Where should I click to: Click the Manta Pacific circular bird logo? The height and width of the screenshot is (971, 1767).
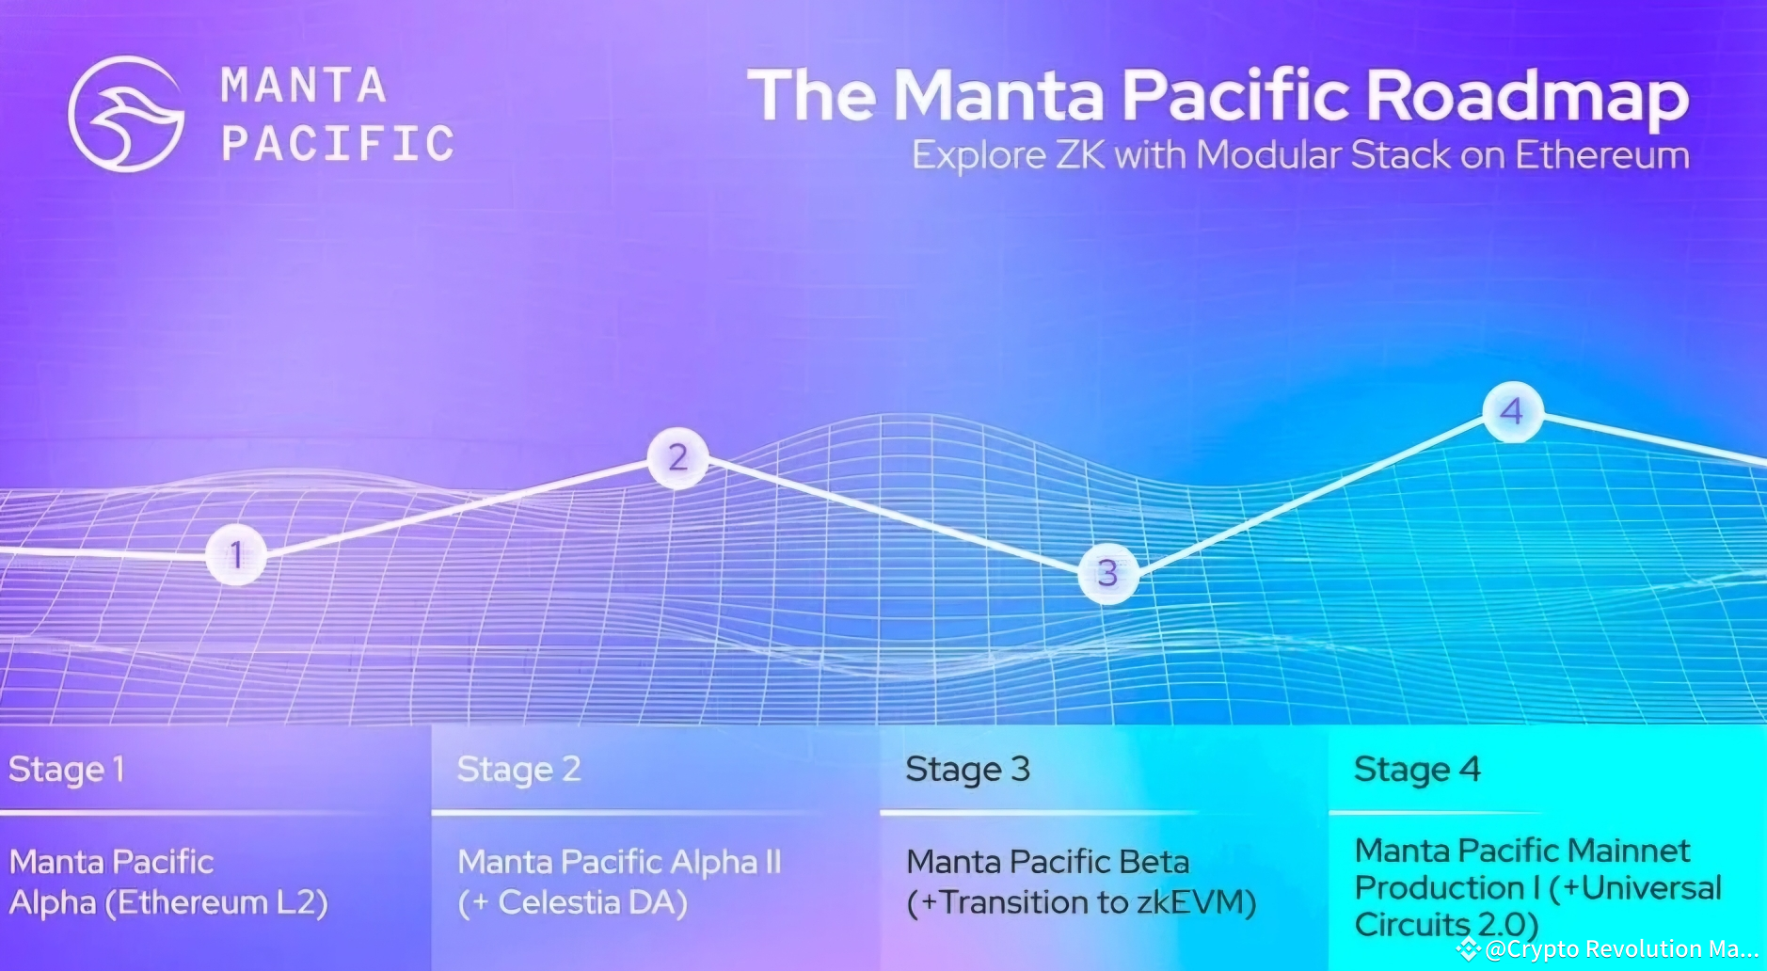(126, 114)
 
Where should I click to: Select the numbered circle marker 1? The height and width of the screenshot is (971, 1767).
(235, 555)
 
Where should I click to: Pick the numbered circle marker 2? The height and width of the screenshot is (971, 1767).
(677, 457)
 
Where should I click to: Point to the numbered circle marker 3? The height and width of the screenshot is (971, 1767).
(1107, 573)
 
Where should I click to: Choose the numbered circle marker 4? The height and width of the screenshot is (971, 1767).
(1512, 411)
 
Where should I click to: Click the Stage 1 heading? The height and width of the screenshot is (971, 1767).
(66, 770)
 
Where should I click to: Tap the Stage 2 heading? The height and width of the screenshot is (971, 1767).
(518, 770)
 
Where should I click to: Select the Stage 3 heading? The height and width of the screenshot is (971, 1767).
(967, 770)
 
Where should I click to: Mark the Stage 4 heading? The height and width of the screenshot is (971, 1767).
(1416, 770)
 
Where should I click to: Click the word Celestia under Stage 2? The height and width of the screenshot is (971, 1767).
(559, 903)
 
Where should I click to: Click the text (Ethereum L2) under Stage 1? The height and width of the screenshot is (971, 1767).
(216, 903)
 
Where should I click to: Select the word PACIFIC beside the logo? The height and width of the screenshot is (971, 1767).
(338, 144)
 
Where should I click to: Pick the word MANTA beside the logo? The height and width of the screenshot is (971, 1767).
(303, 86)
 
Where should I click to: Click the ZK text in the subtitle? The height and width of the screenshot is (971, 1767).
(1080, 155)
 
